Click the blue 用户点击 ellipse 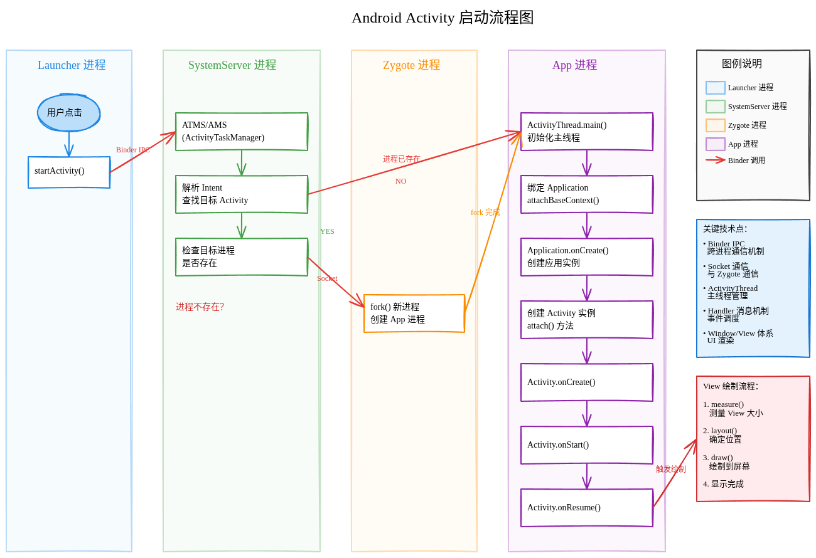(x=69, y=113)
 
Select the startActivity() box (x=69, y=172)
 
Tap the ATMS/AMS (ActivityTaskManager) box (x=242, y=132)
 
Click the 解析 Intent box (x=242, y=194)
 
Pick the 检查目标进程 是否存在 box (x=242, y=257)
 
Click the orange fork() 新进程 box (x=414, y=313)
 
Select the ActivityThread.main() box (x=587, y=132)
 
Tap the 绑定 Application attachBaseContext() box (x=587, y=194)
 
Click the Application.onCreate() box (x=587, y=257)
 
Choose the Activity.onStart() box (x=587, y=445)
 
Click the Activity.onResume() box (x=587, y=508)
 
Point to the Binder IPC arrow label (x=132, y=150)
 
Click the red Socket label (x=327, y=278)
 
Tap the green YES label (x=327, y=231)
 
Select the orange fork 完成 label (x=485, y=213)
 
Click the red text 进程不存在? (x=200, y=307)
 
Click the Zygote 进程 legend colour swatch (x=716, y=125)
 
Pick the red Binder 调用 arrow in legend (x=716, y=160)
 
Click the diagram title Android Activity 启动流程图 (x=443, y=18)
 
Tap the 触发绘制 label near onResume (x=670, y=469)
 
